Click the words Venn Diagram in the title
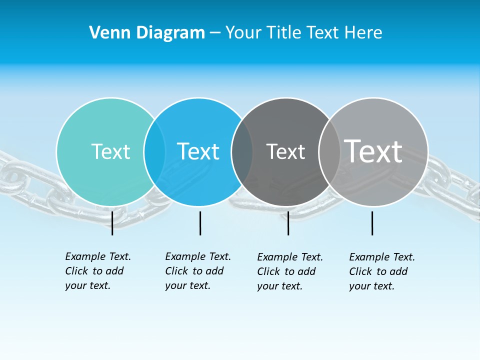[147, 33]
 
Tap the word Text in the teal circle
[110, 151]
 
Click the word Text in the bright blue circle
[198, 151]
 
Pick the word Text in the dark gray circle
[285, 151]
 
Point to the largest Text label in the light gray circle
[373, 151]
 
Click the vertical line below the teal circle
[112, 223]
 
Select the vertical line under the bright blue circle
[200, 223]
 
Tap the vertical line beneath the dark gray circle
[288, 223]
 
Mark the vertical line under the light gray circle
[372, 223]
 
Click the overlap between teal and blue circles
[154, 152]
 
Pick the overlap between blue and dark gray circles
[242, 152]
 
